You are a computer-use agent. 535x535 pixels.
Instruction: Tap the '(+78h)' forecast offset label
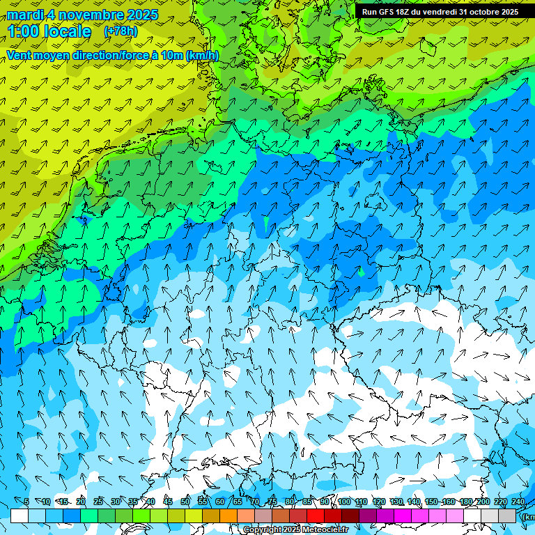click(x=121, y=31)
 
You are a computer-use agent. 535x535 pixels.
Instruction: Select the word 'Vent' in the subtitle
click(x=20, y=55)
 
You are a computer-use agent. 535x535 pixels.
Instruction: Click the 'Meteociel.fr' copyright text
click(x=322, y=530)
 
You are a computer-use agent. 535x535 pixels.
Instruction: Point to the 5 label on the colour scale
click(x=26, y=502)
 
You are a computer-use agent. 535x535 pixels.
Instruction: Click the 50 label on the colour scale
click(x=185, y=502)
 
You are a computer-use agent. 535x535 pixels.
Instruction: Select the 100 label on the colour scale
click(x=344, y=502)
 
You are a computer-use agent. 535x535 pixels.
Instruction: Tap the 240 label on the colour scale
click(x=518, y=502)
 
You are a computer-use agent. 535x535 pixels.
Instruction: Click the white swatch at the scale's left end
click(x=20, y=515)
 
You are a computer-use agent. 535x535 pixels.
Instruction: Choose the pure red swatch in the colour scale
click(x=316, y=515)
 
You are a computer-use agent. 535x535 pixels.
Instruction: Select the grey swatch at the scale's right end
click(x=507, y=515)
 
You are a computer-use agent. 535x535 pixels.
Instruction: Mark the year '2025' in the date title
click(x=142, y=15)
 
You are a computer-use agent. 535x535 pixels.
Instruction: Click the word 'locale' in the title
click(x=67, y=31)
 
